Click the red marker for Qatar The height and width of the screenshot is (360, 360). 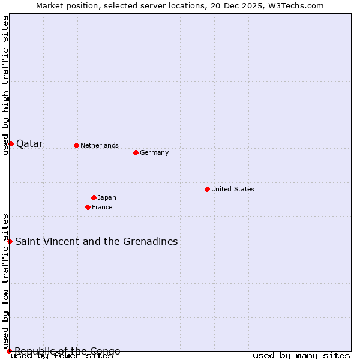pos(11,143)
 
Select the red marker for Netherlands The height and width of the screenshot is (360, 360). pos(76,145)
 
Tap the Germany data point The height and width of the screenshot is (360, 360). pos(136,152)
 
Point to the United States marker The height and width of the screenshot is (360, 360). pos(207,189)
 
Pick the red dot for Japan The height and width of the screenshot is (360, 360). pos(94,197)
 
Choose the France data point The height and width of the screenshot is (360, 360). pos(88,207)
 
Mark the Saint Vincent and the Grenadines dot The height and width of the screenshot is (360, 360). pos(10,241)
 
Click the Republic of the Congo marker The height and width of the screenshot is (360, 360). pos(9,351)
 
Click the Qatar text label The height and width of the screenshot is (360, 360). pos(29,144)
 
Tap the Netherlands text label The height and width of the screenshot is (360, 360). pos(100,145)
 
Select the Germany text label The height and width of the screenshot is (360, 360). pos(154,152)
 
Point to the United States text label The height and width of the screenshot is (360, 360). pos(233,189)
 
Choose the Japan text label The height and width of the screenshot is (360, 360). pos(107,197)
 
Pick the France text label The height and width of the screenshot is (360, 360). pos(102,207)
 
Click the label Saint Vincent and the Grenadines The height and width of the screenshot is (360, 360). pos(96,242)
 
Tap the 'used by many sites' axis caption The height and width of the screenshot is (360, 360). pos(301,356)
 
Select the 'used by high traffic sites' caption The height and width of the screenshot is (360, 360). pos(5,85)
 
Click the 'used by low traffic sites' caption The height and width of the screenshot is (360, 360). pos(5,281)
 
